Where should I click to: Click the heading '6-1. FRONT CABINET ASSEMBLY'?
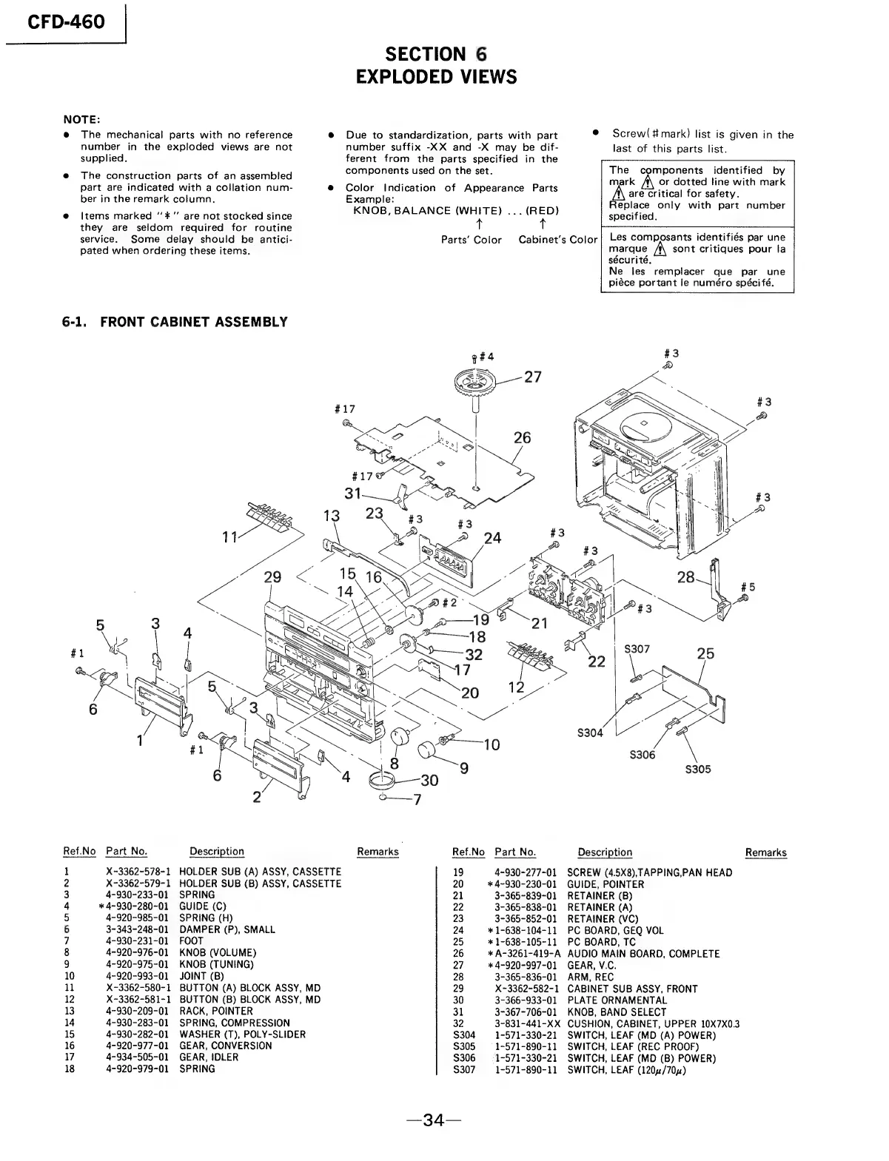point(175,322)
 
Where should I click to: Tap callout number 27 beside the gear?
point(532,377)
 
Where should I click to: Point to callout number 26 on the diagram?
point(522,438)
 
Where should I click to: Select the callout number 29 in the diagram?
point(272,578)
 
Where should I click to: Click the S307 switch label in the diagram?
point(637,649)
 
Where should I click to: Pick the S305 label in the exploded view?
point(697,770)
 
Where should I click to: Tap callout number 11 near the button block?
point(230,537)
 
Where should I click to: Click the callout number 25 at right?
point(705,653)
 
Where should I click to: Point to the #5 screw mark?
point(748,588)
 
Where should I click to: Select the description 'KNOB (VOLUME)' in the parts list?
point(217,952)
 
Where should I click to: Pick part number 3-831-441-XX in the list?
point(527,1023)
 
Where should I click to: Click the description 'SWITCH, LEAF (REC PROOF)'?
point(632,1046)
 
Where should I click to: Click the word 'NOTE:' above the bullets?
point(81,120)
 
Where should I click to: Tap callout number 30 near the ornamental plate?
point(429,780)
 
